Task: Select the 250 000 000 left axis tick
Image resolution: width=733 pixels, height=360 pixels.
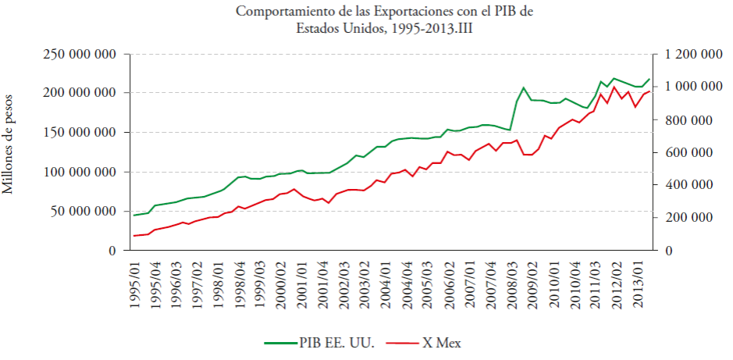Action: (x=80, y=54)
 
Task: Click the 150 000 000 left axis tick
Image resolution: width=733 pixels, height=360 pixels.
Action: (x=80, y=132)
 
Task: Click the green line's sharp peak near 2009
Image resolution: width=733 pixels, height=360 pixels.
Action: (x=523, y=87)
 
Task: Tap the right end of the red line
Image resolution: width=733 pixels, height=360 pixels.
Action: (x=649, y=91)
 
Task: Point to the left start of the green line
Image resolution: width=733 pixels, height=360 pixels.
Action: (x=134, y=216)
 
